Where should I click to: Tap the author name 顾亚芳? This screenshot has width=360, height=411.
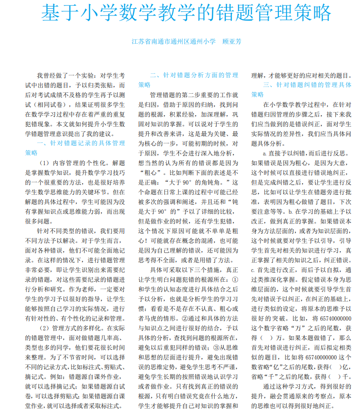231,41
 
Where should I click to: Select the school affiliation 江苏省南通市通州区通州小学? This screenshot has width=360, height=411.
173,41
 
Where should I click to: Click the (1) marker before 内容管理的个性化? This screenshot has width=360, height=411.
45,163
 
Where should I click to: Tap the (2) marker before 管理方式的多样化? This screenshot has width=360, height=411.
45,327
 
